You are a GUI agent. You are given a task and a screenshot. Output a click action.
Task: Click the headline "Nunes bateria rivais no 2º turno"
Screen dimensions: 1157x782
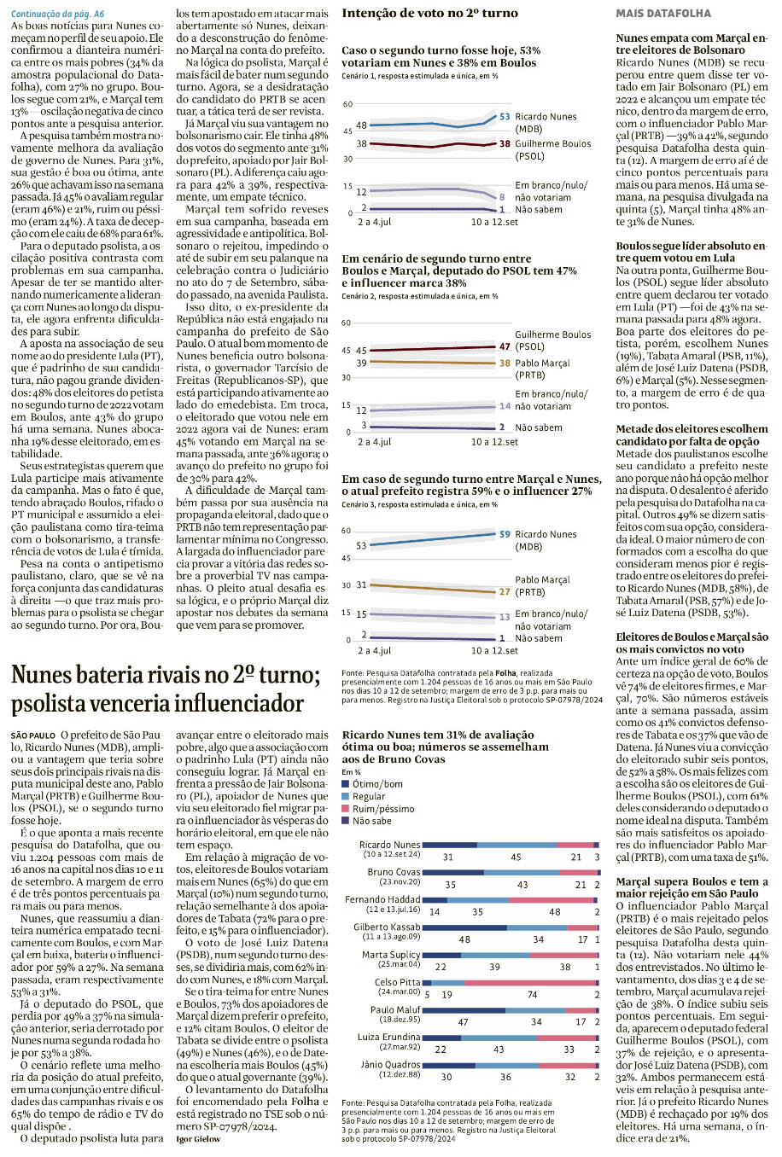point(166,676)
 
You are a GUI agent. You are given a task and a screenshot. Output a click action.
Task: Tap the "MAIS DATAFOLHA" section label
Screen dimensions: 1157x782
point(662,14)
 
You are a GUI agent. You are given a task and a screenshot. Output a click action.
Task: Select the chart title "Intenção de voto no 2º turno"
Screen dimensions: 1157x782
point(429,14)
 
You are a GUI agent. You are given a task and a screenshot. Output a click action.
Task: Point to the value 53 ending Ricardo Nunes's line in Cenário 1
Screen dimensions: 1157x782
point(505,117)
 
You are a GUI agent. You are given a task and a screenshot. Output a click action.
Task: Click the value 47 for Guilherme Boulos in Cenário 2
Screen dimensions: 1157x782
point(505,346)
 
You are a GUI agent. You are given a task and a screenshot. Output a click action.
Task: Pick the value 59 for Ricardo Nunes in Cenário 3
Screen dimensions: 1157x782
point(505,534)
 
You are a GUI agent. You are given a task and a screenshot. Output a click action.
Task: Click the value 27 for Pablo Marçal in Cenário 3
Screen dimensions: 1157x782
point(505,591)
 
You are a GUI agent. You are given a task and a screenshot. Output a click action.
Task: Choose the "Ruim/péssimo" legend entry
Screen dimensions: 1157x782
point(382,808)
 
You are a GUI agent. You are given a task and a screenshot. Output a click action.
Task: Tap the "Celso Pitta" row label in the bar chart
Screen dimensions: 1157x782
point(397,983)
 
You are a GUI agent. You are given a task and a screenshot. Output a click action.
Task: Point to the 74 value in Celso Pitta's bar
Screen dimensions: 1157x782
point(532,995)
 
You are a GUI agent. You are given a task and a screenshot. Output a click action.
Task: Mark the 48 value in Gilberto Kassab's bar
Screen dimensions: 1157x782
point(464,939)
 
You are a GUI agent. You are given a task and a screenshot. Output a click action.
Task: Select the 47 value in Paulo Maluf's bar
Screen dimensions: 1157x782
point(463,1022)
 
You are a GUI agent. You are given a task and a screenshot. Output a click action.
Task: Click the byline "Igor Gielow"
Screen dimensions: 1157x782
point(197,1139)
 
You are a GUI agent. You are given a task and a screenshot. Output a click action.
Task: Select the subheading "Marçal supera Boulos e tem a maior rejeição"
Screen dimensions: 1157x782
point(692,887)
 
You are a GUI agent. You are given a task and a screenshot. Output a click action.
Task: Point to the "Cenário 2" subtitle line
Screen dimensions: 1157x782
point(419,296)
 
